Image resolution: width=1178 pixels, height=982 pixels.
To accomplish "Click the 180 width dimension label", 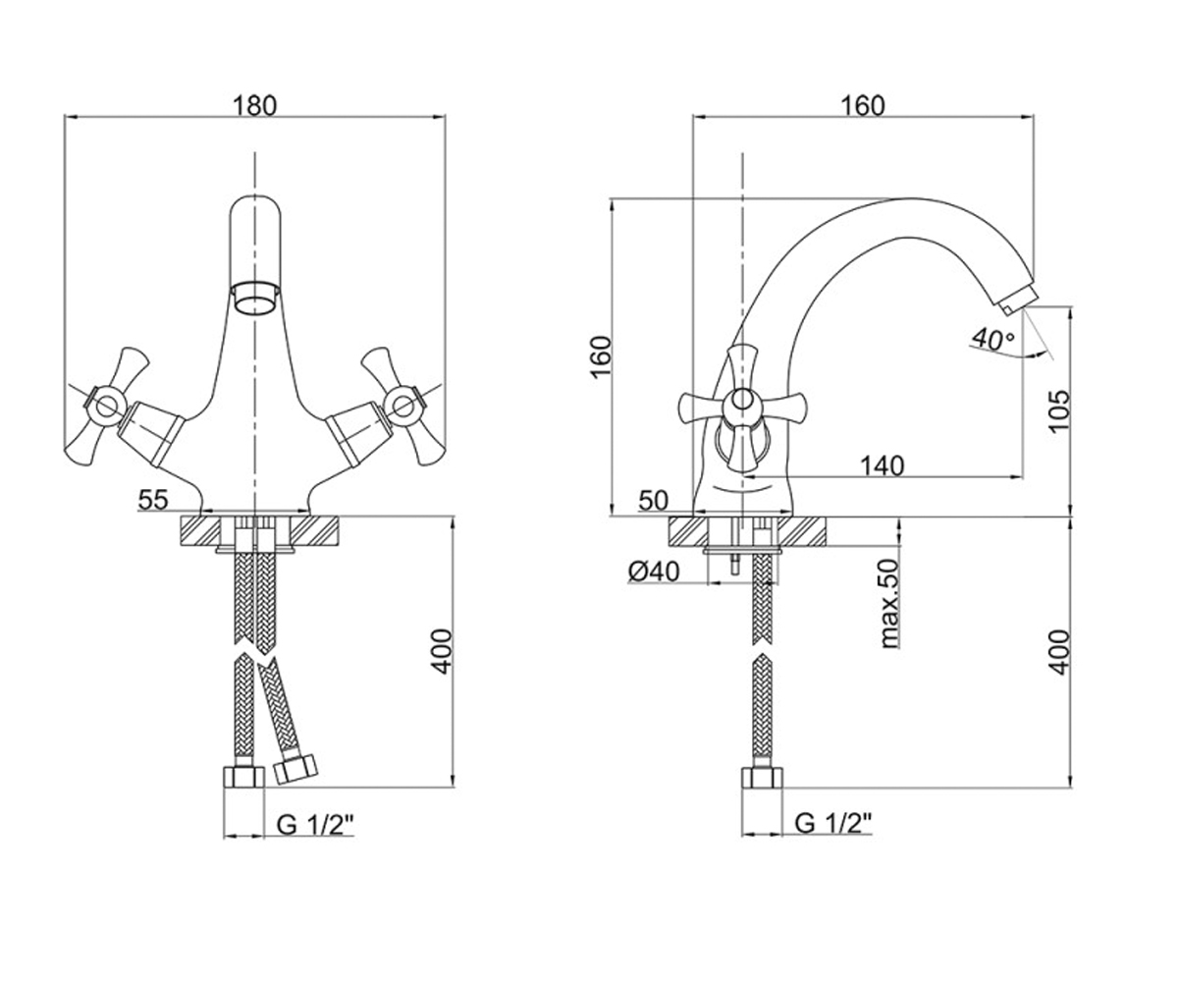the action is pos(255,105).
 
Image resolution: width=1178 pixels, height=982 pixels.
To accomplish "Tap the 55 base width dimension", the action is pos(153,500).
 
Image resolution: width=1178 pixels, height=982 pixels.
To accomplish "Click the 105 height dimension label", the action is pos(1059,410).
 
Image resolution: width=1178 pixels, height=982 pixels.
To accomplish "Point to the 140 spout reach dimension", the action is pos(882,466).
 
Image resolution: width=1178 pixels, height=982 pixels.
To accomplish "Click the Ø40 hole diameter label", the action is pos(654,573).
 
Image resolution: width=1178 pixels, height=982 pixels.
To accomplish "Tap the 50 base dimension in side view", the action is pos(654,500).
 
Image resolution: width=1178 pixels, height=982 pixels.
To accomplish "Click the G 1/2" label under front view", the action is pos(315,825).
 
